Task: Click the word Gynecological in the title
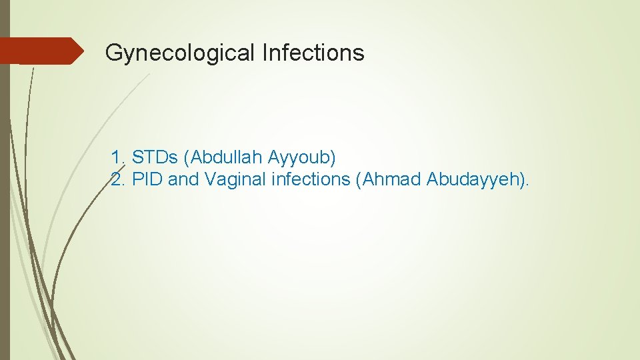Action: point(180,53)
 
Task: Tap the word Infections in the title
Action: point(313,53)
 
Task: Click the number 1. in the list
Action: point(119,158)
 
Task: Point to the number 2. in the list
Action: point(119,179)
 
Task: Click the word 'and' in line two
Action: point(184,179)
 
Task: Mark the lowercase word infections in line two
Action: point(311,179)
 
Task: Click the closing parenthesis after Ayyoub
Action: point(333,158)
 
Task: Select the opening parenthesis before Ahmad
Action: point(359,179)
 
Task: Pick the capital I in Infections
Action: point(265,53)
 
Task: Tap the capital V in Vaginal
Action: point(211,179)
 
